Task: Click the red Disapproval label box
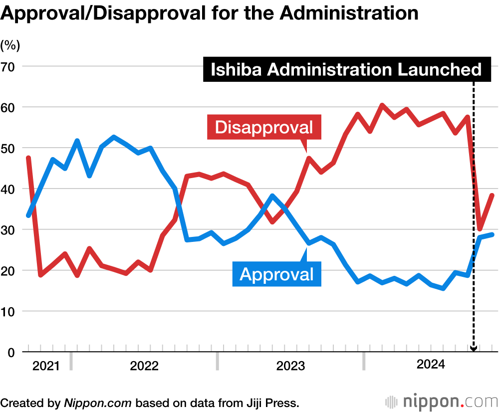263,127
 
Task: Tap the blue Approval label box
277,274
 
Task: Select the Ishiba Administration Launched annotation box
347,69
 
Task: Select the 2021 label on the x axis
45,366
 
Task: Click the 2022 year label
144,366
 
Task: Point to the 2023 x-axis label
290,366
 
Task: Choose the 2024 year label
431,365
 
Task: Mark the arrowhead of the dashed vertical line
474,349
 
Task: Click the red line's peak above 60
382,105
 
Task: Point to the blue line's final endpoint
493,234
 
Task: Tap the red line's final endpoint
493,195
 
